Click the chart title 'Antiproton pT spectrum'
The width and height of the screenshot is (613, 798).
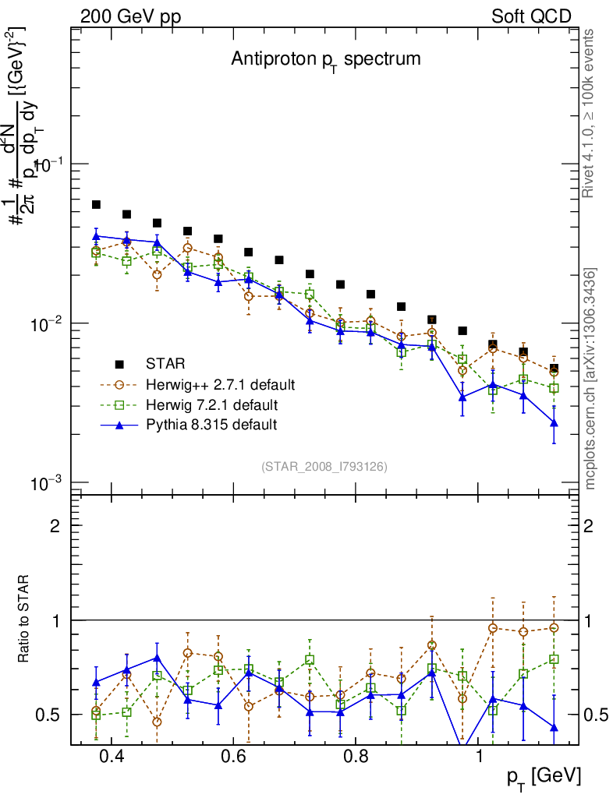(325, 60)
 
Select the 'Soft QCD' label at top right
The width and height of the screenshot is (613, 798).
(532, 16)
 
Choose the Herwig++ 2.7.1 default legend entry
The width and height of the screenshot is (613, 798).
(219, 384)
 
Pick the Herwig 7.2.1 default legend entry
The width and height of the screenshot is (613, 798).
(211, 404)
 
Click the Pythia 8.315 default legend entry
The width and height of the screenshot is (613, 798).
(211, 425)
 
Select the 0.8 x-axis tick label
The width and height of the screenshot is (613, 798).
(356, 757)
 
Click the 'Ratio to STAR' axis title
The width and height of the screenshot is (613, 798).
(25, 620)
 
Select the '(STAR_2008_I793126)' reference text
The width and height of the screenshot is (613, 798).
(324, 467)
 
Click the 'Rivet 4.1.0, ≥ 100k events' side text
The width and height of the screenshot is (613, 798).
(590, 113)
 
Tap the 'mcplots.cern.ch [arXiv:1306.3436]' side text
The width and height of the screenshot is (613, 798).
(590, 379)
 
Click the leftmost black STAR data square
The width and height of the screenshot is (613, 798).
(96, 205)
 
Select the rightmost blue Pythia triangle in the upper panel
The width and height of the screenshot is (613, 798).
(554, 423)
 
